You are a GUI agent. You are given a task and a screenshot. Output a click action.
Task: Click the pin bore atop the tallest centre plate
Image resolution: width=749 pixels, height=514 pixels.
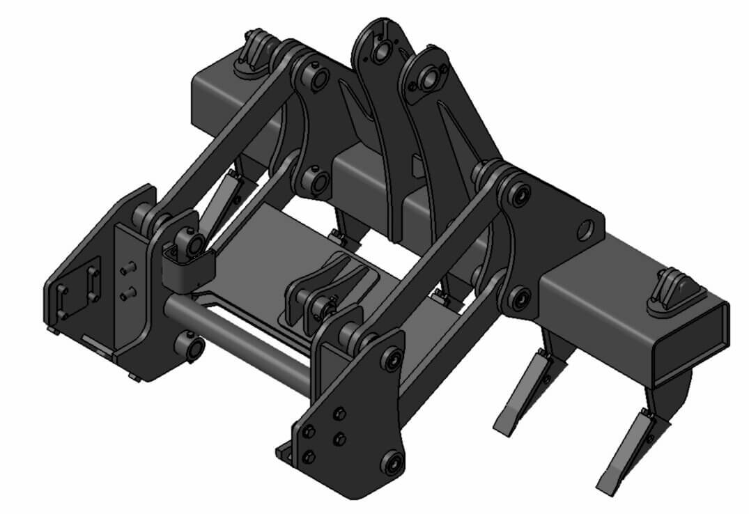(x=380, y=51)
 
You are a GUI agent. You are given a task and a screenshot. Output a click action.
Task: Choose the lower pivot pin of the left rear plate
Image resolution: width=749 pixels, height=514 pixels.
(x=318, y=180)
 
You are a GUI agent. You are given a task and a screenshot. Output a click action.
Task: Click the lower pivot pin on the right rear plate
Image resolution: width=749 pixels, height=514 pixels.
(x=519, y=298)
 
